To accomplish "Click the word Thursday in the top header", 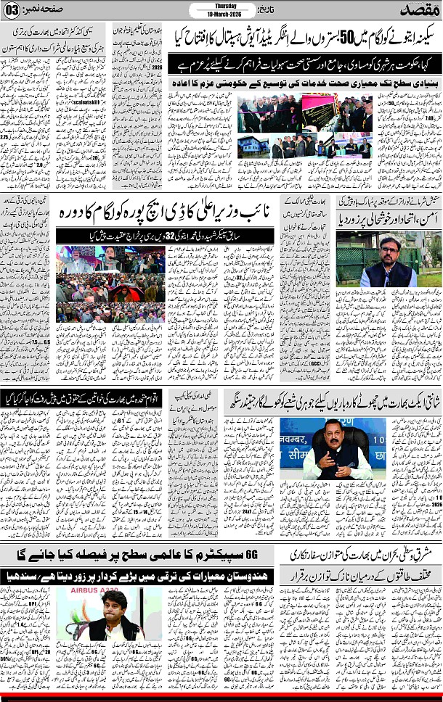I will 221,6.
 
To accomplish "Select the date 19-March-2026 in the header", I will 221,13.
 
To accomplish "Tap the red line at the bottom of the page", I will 221,698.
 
